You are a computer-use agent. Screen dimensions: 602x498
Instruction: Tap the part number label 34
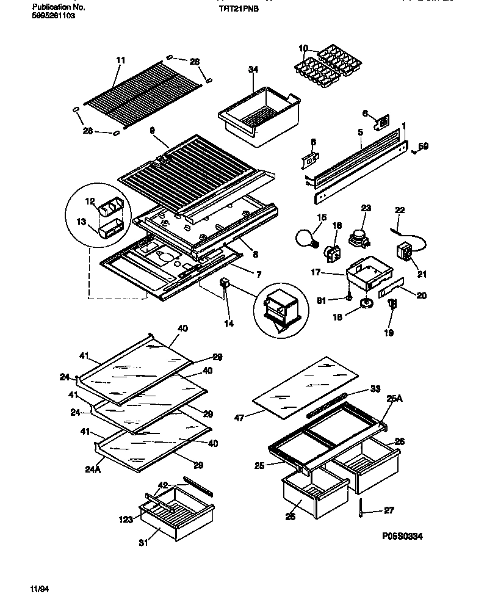click(253, 70)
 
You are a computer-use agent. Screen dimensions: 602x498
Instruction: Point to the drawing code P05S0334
click(403, 536)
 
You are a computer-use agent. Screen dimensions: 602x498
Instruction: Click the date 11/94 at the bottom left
click(39, 589)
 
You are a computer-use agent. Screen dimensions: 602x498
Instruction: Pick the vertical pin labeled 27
click(361, 507)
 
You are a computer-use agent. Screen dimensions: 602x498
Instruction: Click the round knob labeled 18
click(367, 304)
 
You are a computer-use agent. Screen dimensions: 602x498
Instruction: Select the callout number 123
click(125, 520)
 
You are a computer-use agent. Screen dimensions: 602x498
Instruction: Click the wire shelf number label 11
click(120, 60)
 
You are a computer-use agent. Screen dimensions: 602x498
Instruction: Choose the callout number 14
click(228, 324)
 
